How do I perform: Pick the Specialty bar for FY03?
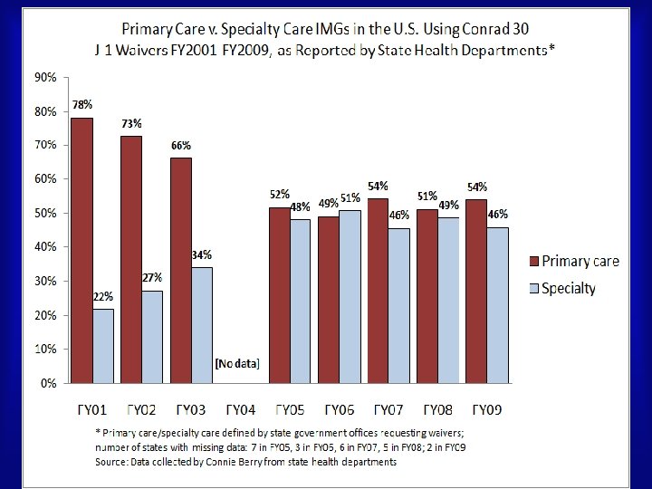click(x=203, y=325)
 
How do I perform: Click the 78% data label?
click(x=82, y=105)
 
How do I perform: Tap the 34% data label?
click(x=202, y=255)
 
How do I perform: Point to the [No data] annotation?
click(x=237, y=364)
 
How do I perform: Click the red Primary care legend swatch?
click(x=535, y=262)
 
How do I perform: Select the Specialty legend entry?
click(x=568, y=289)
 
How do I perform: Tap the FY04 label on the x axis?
click(x=241, y=407)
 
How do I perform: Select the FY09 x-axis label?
click(x=485, y=407)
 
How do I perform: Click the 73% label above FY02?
click(x=131, y=123)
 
